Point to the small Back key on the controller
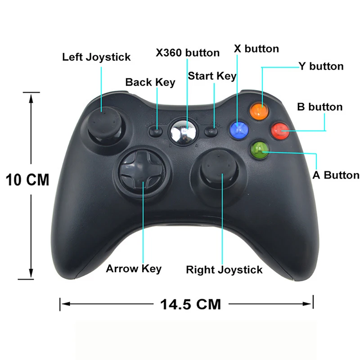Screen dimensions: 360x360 point(156,131)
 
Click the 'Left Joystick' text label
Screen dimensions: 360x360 point(96,57)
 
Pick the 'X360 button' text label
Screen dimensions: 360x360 point(188,53)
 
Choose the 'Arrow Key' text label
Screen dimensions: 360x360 point(134,269)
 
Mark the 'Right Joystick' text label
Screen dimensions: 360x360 point(224,270)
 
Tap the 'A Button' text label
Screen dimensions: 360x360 point(336,175)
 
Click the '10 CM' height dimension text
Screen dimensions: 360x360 point(27,180)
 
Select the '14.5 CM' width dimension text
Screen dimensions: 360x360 point(190,304)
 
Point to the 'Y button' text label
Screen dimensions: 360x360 point(321,67)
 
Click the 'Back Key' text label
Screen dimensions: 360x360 point(150,82)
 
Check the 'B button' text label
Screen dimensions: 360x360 point(319,107)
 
